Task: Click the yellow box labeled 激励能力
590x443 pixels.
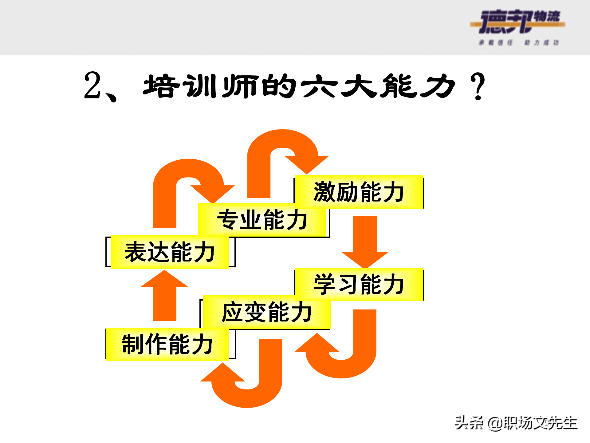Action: [359, 192]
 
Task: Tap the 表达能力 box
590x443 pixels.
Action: [169, 252]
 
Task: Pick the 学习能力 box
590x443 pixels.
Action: [359, 284]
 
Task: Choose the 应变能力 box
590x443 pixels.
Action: [266, 312]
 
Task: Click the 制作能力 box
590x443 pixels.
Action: [167, 344]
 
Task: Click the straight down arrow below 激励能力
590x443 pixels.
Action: [365, 240]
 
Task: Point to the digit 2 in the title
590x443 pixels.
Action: [92, 86]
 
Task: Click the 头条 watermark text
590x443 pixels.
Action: [469, 423]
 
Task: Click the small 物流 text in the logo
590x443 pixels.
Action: [547, 16]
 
